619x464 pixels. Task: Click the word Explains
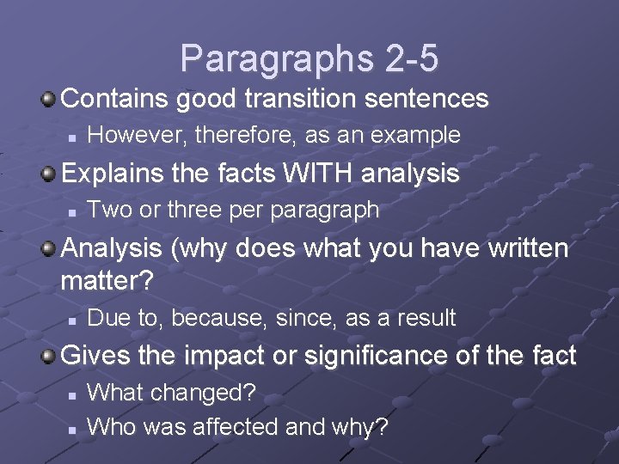click(110, 174)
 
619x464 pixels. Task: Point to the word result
click(426, 318)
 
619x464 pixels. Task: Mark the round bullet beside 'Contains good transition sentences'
click(50, 100)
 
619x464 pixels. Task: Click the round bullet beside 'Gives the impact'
click(50, 356)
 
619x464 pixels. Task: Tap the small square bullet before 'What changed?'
click(73, 394)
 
